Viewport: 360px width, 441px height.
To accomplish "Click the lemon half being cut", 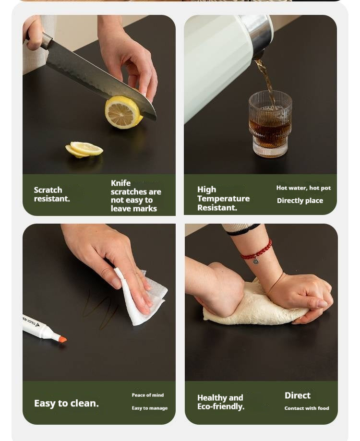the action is [x=123, y=112].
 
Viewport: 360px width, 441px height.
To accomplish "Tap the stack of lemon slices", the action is [x=84, y=149].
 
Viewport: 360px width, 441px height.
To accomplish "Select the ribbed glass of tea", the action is [x=270, y=123].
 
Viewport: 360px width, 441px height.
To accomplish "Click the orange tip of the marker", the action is [x=62, y=339].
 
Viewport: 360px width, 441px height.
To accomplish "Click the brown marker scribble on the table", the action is [x=101, y=310].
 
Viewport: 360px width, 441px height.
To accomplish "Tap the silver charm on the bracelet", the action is [x=255, y=261].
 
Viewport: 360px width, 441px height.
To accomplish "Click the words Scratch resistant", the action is [x=52, y=194].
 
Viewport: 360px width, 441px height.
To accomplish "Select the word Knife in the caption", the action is [x=120, y=183].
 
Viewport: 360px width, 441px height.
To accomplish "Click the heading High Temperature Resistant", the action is [x=223, y=199].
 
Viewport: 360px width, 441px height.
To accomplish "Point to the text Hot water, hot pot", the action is [x=303, y=188].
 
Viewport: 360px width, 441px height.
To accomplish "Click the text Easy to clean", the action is [x=66, y=403].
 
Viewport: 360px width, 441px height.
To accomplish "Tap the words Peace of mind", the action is [x=148, y=395].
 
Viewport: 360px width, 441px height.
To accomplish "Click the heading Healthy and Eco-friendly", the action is [x=221, y=402].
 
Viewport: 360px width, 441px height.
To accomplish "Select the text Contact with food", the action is [x=307, y=408].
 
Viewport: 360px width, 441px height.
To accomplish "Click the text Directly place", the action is [x=300, y=201].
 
